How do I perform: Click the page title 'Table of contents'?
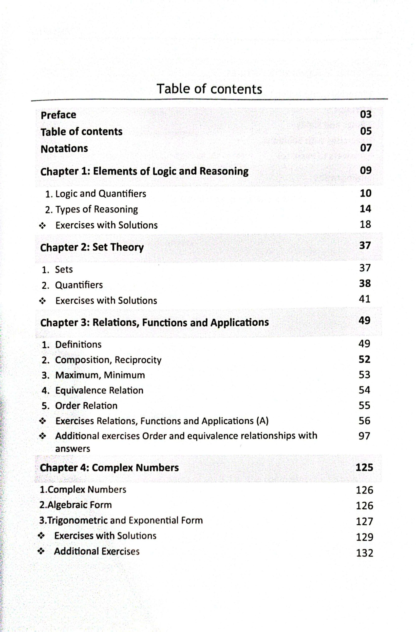[209, 89]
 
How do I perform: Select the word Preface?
[58, 115]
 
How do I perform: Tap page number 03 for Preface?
[366, 115]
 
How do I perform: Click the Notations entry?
[64, 148]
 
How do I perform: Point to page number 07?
[366, 148]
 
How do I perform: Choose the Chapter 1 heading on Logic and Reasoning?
[144, 171]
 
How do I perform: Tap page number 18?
[365, 225]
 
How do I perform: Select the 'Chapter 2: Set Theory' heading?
[92, 247]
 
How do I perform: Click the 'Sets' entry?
[64, 270]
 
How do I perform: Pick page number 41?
[365, 299]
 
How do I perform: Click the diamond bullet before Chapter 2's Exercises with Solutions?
[42, 301]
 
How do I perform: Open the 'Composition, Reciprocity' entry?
[108, 360]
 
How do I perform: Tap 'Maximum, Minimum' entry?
[100, 375]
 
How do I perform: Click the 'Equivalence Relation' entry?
[99, 390]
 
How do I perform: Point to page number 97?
[364, 436]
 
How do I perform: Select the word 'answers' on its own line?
[73, 449]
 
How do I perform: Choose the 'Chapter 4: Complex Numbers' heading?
[109, 467]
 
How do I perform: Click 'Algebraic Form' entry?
[76, 505]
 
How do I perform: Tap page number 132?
[364, 553]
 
